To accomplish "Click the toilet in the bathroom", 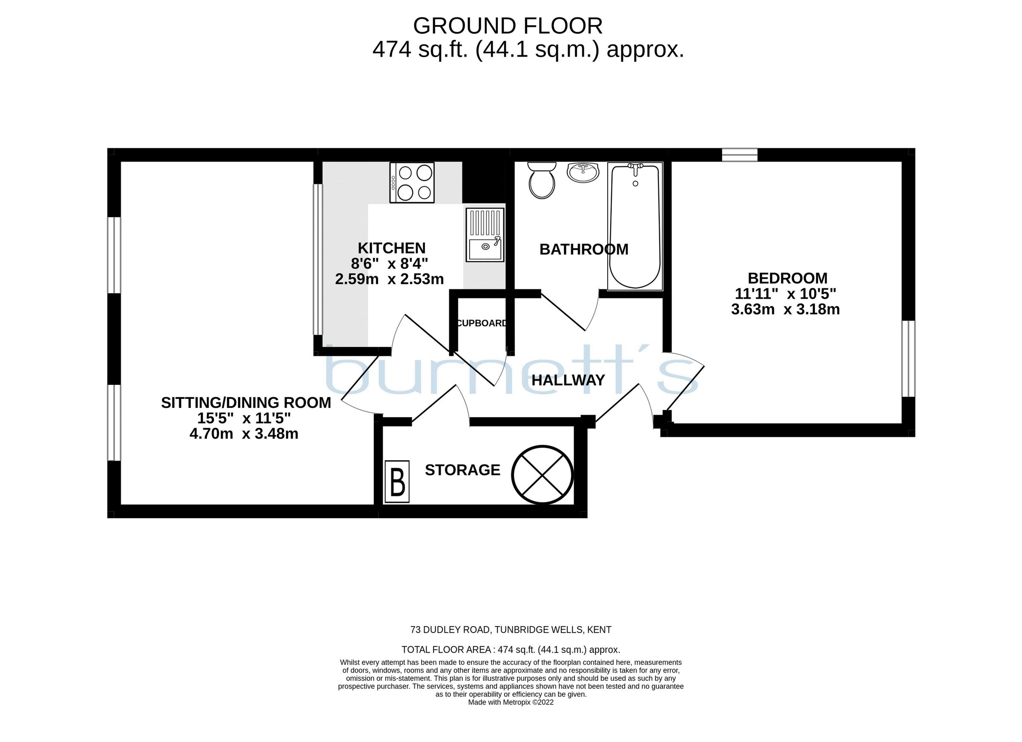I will (542, 181).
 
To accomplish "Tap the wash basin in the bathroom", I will (583, 172).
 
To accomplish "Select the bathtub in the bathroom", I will (635, 226).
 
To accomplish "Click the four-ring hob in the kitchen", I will (412, 183).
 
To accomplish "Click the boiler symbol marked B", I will (397, 481).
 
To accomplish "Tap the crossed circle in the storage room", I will (542, 475).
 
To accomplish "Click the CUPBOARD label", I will (481, 323).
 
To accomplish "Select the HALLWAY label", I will (568, 380).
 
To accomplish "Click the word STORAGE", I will (462, 470).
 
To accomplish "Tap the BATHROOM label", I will (583, 249).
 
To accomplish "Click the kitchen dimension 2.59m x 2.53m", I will (389, 279).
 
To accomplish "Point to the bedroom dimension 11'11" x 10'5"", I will (785, 294).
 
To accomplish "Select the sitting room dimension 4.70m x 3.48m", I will (244, 434).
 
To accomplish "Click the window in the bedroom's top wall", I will (740, 155).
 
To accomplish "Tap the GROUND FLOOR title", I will (508, 26).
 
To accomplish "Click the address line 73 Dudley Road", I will (511, 630).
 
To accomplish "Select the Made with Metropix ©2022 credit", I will (511, 702).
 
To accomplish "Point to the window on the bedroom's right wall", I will (908, 358).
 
